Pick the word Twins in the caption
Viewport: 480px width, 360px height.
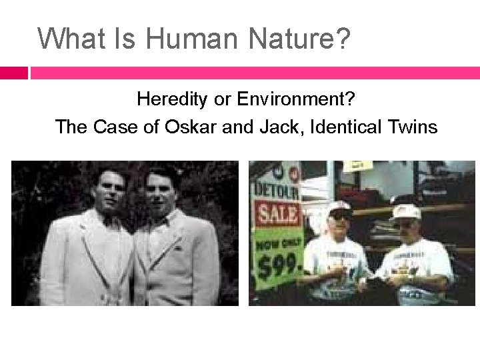[411, 126]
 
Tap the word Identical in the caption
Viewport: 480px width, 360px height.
[351, 126]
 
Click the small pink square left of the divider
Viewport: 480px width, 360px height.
[13, 73]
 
